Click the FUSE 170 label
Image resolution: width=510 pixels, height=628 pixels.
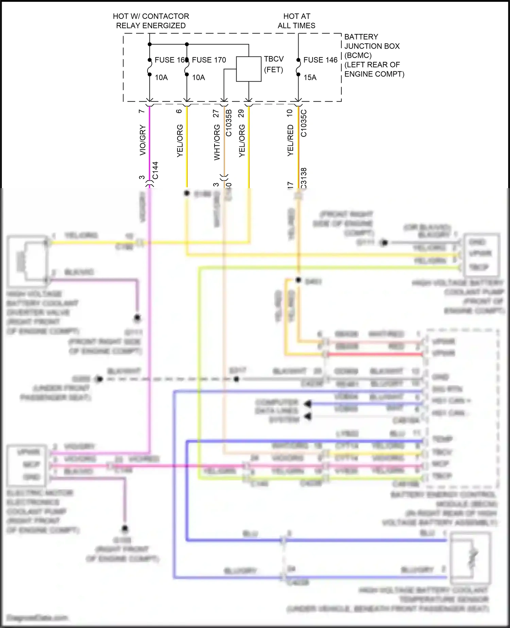(x=209, y=60)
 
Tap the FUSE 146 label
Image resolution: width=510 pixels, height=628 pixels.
(x=320, y=60)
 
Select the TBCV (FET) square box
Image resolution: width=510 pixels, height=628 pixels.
(x=249, y=69)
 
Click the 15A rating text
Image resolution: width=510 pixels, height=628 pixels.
(x=310, y=78)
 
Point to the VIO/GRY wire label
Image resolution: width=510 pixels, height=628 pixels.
(x=143, y=140)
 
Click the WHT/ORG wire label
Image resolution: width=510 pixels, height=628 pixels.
(x=217, y=142)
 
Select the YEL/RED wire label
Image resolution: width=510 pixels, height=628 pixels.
(x=290, y=140)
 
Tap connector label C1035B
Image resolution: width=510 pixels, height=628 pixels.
(x=229, y=123)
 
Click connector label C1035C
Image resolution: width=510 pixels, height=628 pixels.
(x=304, y=123)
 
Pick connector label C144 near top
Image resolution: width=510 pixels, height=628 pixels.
(x=155, y=170)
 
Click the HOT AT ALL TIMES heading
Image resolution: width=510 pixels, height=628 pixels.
(x=296, y=21)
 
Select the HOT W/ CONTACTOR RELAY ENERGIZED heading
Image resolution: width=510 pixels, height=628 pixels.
(x=151, y=21)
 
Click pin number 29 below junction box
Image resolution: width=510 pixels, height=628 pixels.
(x=241, y=113)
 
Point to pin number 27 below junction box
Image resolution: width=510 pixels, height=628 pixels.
(x=216, y=113)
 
